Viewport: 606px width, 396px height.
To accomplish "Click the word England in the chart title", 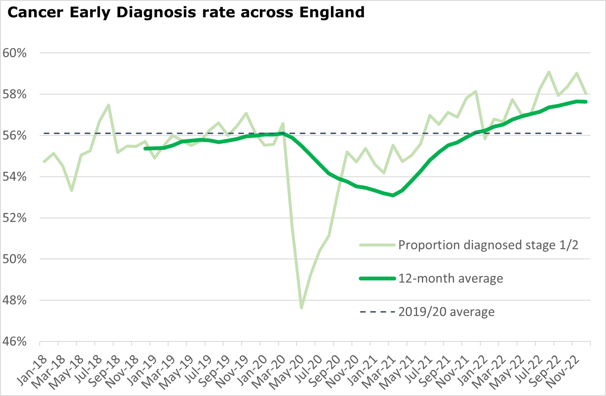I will [332, 12].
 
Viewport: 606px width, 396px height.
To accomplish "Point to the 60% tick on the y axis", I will [14, 53].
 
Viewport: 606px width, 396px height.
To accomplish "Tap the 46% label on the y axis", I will [14, 342].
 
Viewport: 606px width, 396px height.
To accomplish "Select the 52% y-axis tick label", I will [14, 218].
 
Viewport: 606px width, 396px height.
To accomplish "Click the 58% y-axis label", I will [14, 95].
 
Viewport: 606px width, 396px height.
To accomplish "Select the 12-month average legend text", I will [451, 279].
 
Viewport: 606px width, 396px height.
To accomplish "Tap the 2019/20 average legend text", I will [446, 312].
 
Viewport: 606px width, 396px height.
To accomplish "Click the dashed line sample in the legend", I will [377, 312].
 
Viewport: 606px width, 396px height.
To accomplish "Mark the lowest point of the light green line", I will [302, 308].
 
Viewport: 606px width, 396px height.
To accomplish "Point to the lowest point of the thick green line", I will [393, 195].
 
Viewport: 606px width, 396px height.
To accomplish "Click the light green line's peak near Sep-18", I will [109, 105].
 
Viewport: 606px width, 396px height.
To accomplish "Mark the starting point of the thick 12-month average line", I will [145, 149].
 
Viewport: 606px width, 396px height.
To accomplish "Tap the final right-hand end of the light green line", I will [586, 94].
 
